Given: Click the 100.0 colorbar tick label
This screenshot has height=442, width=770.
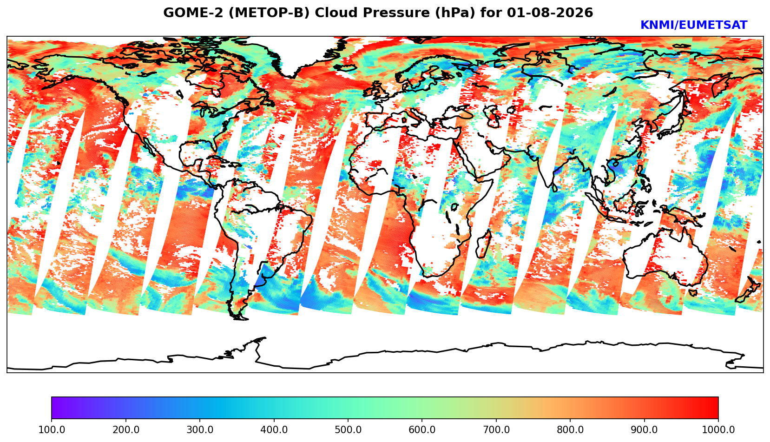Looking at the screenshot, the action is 52,429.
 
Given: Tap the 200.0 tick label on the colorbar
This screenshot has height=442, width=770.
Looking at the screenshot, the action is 126,429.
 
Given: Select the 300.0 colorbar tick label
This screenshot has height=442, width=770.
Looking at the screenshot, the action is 200,429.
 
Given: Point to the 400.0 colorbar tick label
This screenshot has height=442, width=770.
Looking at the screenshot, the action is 274,429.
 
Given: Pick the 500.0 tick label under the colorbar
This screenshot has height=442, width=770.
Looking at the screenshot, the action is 348,429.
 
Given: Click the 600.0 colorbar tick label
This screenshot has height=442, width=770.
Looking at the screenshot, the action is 422,429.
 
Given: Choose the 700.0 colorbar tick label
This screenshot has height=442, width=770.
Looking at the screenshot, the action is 496,429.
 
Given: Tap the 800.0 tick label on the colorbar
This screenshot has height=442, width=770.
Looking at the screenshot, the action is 570,429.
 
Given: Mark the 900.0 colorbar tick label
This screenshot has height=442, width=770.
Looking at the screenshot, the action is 644,429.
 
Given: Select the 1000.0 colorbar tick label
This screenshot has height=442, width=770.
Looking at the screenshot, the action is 718,429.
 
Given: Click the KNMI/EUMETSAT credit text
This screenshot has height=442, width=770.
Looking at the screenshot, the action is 694,25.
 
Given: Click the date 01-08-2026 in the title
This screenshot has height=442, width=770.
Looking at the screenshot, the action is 550,13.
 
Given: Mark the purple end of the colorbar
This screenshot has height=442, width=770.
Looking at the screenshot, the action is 53,408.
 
